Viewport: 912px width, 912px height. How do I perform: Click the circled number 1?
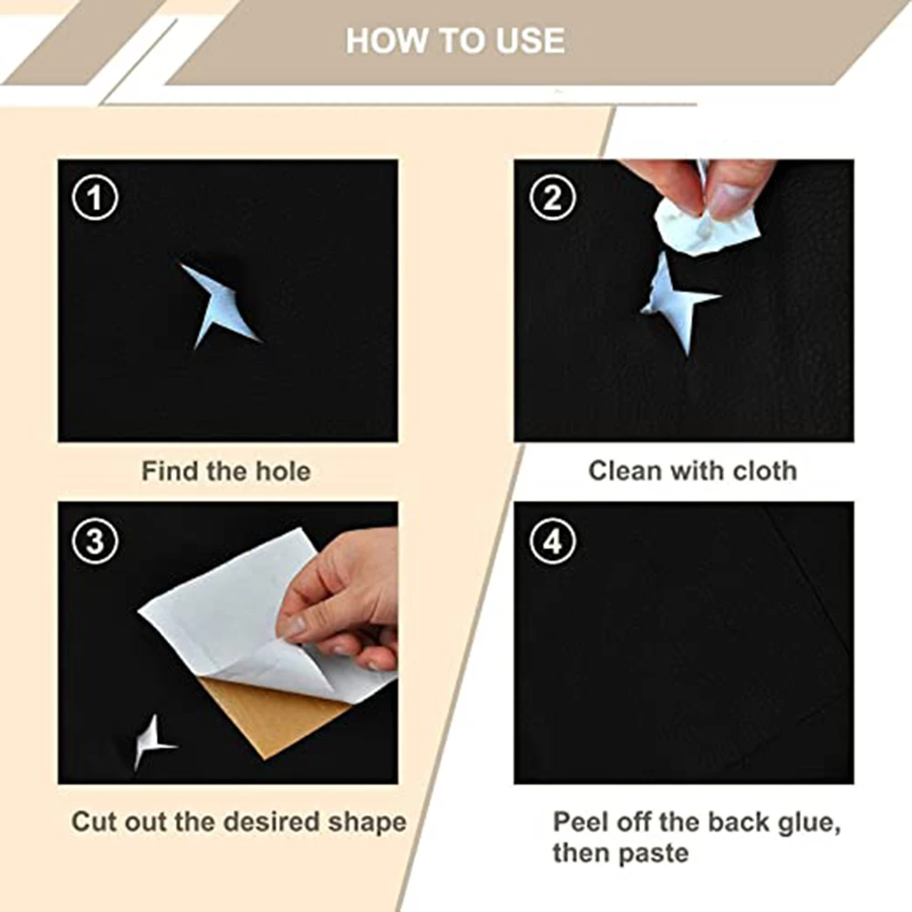pos(95,197)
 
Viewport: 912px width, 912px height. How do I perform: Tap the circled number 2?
pos(553,197)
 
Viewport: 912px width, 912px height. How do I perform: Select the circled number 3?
pos(95,541)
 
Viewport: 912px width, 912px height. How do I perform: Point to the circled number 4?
pos(553,541)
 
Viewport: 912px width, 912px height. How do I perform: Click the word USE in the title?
pos(531,41)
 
